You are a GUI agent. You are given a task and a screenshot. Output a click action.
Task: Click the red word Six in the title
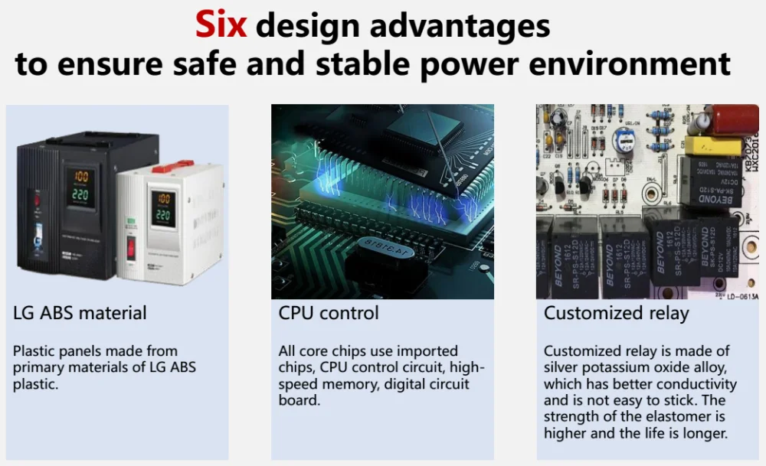point(221,25)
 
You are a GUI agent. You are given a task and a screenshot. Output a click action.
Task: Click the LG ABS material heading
point(80,313)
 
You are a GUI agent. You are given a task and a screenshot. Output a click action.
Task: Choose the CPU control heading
point(328,313)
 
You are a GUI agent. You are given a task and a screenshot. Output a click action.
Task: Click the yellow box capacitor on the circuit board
point(712,145)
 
